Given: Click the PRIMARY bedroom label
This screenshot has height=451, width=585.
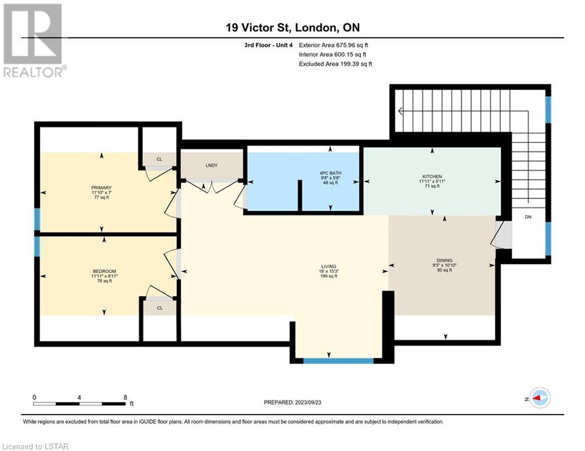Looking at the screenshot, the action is [x=102, y=187].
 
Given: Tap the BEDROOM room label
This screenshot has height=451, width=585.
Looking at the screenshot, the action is [x=105, y=271].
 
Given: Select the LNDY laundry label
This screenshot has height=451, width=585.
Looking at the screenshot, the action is [x=212, y=165].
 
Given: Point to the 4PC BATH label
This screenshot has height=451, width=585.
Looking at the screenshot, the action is [x=330, y=173].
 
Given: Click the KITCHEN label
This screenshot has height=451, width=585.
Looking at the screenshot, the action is [x=432, y=176].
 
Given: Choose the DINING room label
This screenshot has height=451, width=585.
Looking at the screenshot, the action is [x=444, y=260].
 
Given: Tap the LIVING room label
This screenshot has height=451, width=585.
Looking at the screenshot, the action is [x=329, y=266].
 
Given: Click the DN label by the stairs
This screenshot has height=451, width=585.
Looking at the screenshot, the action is [x=528, y=217].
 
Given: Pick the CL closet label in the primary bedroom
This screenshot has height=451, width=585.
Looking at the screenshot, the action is [x=159, y=159].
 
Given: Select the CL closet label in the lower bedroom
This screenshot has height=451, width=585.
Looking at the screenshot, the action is [x=160, y=308].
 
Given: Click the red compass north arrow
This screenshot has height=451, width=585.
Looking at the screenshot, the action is [x=537, y=398].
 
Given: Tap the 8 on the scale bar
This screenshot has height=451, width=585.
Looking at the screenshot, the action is [x=125, y=398].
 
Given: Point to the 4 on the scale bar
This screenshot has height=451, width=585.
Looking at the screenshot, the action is [x=79, y=398].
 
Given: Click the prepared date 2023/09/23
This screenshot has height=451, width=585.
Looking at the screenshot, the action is [x=308, y=402].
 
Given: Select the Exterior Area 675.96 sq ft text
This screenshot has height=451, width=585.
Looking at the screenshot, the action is [x=333, y=45].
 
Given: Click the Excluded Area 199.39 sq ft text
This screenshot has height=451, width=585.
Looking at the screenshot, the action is [x=335, y=64].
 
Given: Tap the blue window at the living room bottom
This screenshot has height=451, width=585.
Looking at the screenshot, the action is [x=339, y=361].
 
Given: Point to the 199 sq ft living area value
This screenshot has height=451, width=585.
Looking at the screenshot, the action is [x=329, y=276].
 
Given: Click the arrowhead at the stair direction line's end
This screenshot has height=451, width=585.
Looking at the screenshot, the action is [x=400, y=111].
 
